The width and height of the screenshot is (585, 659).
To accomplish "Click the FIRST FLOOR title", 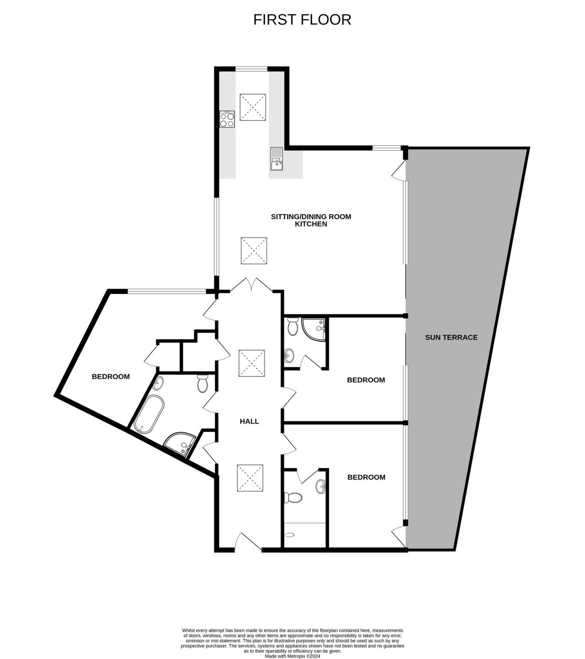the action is point(302,20).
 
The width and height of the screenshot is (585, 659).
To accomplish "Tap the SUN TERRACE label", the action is point(451,337).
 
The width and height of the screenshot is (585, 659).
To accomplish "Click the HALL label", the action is point(249,421).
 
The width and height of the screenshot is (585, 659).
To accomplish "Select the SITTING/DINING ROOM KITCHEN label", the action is point(311,220).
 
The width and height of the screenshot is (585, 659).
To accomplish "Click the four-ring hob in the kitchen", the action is point(227,119).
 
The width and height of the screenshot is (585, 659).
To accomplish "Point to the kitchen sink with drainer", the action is point(276,159).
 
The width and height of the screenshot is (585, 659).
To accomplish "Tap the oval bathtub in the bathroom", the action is point(149,414).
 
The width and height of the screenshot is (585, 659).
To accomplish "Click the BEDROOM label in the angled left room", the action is point(111,377).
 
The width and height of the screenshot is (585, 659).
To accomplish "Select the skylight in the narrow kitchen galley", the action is point(253,107).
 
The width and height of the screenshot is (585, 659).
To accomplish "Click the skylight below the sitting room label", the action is point(254,251).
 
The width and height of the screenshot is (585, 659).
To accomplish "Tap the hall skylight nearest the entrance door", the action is point(250,478).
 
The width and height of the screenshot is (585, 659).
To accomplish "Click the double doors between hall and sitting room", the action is point(251,285).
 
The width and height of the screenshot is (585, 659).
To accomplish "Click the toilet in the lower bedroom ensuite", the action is point(292,497).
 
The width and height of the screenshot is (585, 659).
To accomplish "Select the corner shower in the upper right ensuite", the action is point(314,329).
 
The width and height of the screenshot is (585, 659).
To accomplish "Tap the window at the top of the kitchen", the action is point(251,69).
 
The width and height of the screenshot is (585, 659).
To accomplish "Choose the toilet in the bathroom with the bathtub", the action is point(202,384).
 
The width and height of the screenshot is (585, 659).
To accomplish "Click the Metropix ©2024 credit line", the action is point(292,656).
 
